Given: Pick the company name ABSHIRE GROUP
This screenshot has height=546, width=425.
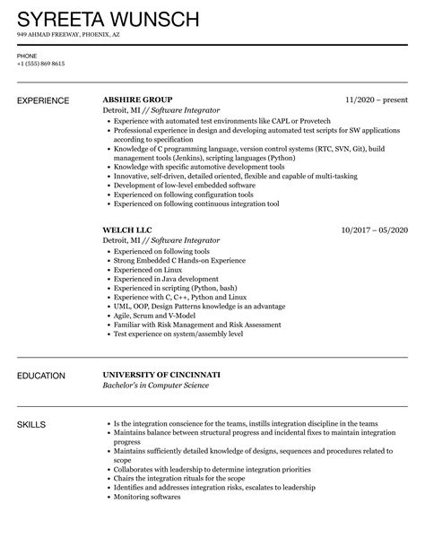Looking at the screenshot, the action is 138,100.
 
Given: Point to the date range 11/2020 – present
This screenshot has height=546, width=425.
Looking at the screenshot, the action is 377,100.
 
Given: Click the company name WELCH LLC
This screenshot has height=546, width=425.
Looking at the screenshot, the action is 128,230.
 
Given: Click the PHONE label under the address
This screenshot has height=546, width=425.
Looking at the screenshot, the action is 27,56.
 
